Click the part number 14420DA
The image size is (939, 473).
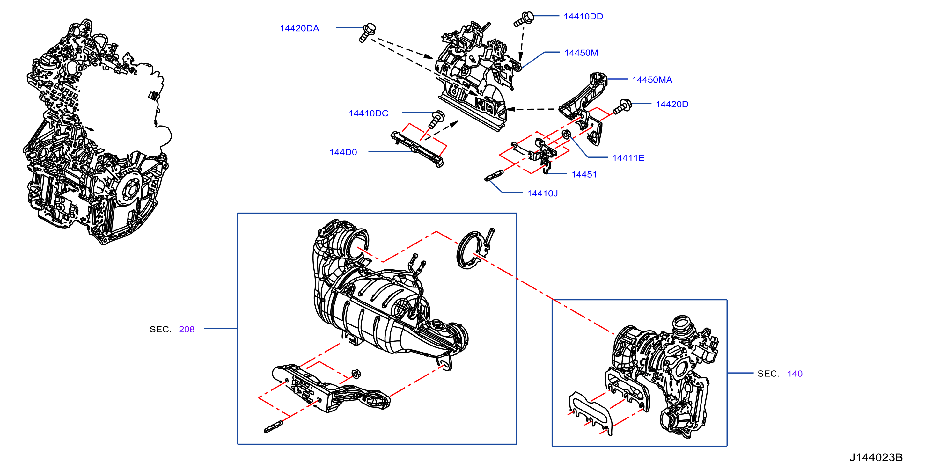click(x=299, y=28)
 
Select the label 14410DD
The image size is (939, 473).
click(x=583, y=16)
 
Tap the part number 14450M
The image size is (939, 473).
click(x=581, y=53)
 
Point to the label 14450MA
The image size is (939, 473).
click(x=652, y=80)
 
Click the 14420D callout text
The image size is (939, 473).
click(x=672, y=104)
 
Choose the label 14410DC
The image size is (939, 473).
click(x=369, y=113)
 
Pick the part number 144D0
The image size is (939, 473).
click(x=343, y=152)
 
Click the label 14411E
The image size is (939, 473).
click(x=628, y=158)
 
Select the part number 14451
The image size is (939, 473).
click(x=584, y=175)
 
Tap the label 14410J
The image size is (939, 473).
click(x=542, y=193)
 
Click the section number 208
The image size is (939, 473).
click(x=187, y=330)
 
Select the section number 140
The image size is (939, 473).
click(x=795, y=374)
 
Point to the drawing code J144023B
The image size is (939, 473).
click(x=876, y=457)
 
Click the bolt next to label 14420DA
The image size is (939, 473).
click(x=367, y=33)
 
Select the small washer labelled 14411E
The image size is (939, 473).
click(x=566, y=135)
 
